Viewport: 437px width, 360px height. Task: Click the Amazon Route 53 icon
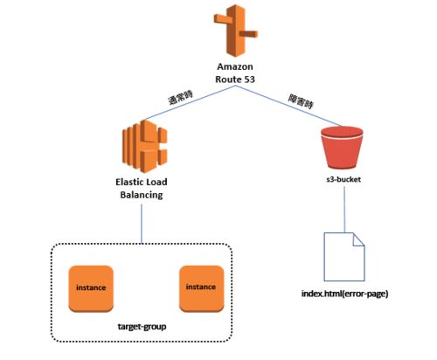click(x=236, y=31)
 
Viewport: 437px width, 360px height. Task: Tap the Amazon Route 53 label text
click(x=235, y=73)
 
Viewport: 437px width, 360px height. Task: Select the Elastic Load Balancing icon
click(x=144, y=146)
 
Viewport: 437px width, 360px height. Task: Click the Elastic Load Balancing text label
click(x=142, y=188)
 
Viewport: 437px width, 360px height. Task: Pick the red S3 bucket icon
click(x=342, y=148)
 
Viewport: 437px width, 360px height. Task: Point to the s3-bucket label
click(x=343, y=179)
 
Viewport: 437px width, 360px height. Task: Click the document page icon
click(x=344, y=257)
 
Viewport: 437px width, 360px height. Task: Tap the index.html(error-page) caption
click(x=344, y=294)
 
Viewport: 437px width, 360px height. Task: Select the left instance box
click(x=91, y=288)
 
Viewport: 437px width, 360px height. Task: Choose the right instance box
click(x=201, y=288)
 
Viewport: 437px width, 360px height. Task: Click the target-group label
click(x=142, y=327)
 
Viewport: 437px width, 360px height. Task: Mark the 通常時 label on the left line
click(x=181, y=98)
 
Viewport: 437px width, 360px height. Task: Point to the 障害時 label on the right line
click(x=301, y=101)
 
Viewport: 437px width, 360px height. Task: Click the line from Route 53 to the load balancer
click(x=190, y=103)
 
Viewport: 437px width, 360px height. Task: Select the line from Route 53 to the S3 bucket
click(x=288, y=106)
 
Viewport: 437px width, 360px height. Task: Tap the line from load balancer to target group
click(x=142, y=224)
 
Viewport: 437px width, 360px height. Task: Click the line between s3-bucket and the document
click(x=344, y=210)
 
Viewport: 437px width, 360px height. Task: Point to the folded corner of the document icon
click(x=358, y=239)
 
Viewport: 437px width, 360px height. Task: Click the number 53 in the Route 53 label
click(x=249, y=80)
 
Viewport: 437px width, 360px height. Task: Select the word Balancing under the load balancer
click(x=142, y=195)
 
